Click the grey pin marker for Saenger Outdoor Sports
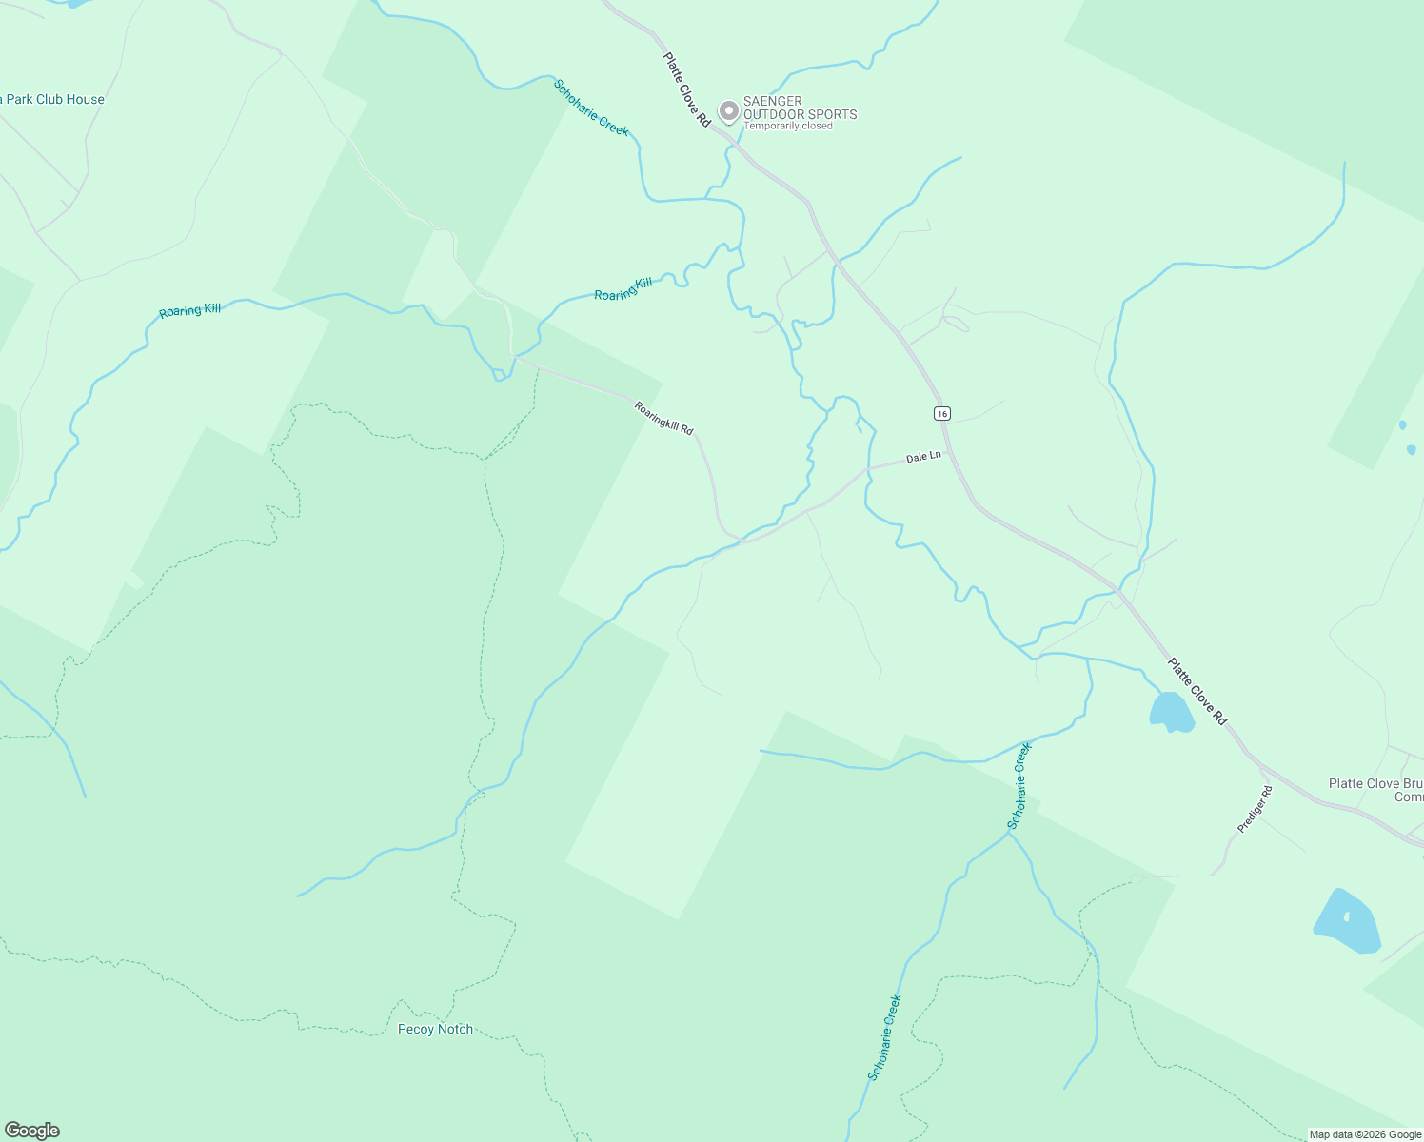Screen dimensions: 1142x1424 [728, 111]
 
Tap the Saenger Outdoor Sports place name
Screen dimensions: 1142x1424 [800, 108]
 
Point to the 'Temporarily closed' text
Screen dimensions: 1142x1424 [787, 126]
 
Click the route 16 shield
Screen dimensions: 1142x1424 [941, 413]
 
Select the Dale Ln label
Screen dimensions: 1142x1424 [923, 457]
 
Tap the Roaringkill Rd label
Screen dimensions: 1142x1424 [664, 418]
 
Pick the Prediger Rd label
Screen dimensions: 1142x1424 [1255, 810]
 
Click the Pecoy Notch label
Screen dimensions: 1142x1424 [435, 1029]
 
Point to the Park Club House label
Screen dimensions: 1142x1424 [52, 99]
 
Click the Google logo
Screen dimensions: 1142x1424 [31, 1131]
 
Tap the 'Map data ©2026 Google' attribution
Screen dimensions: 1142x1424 [1365, 1134]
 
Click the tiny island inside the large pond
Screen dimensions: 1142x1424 [1346, 917]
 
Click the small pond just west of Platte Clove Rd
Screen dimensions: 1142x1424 [1171, 712]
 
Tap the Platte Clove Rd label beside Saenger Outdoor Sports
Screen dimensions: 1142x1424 [687, 89]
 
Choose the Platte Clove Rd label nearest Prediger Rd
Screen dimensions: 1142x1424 [1197, 692]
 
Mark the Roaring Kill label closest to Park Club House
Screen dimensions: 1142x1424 [189, 310]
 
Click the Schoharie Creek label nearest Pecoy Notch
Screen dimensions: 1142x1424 [884, 1037]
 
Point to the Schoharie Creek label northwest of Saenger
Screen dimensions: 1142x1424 [591, 108]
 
